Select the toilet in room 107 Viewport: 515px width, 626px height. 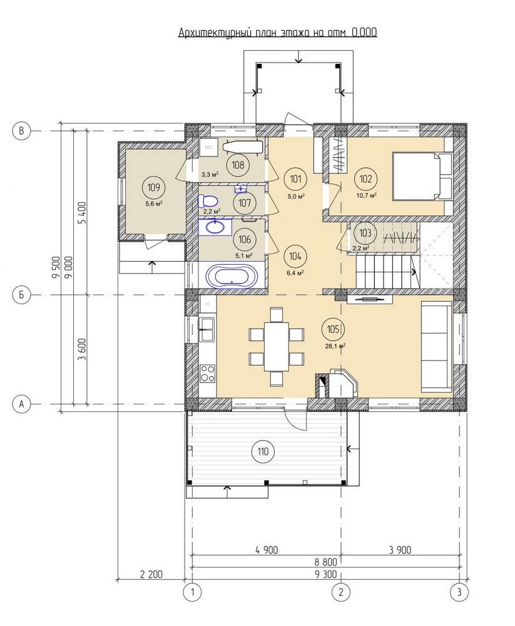coord(207,200)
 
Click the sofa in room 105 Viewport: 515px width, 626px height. coord(436,347)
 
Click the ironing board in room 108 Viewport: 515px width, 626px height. coord(243,146)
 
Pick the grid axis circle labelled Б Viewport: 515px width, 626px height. coord(21,295)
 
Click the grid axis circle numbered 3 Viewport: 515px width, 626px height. coord(459,592)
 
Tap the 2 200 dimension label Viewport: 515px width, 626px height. coord(151,575)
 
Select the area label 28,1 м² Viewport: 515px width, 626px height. coord(335,346)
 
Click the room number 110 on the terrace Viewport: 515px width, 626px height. coord(263,451)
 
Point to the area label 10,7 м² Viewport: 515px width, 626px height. coord(366,195)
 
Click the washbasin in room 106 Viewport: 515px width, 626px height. coord(216,227)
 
